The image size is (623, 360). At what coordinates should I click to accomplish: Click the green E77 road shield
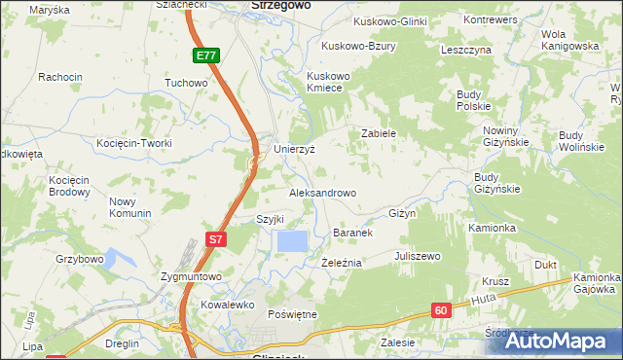(x=205, y=56)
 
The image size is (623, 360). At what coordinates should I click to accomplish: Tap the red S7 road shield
(x=217, y=237)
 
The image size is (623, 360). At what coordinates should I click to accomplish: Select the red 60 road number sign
(x=442, y=310)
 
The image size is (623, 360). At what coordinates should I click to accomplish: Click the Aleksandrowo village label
(x=322, y=194)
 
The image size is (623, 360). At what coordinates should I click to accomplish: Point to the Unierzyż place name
(x=294, y=149)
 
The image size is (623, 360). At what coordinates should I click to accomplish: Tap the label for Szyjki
(x=270, y=219)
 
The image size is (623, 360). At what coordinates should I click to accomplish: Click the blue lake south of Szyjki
(x=292, y=240)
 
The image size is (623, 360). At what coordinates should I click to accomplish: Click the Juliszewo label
(x=418, y=256)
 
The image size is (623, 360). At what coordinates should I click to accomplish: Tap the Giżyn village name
(x=402, y=212)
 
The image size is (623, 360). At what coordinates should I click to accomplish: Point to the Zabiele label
(x=379, y=133)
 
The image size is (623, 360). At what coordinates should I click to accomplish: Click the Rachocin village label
(x=60, y=76)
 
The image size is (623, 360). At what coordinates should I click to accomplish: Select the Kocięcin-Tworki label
(x=133, y=143)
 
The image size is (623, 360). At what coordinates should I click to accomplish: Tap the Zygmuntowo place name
(x=192, y=276)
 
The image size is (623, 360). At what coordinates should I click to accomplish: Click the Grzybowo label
(x=80, y=260)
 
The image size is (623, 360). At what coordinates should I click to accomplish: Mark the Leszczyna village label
(x=464, y=49)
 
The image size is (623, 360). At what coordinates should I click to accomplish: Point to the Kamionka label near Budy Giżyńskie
(x=492, y=227)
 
